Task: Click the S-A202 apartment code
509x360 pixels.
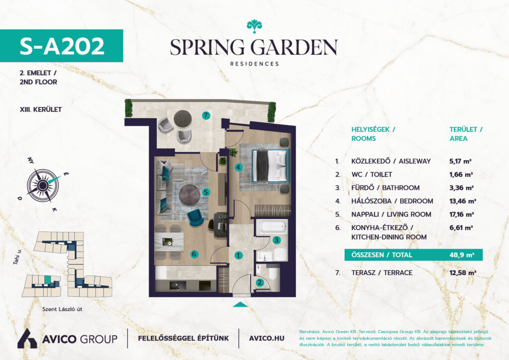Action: [x=62, y=46]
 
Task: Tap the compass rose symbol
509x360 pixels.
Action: [x=43, y=185]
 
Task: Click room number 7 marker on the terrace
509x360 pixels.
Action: [x=206, y=115]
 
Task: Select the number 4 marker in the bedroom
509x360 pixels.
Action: [x=239, y=168]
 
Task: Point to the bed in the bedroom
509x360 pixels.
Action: [x=270, y=165]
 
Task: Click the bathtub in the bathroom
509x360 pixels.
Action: [x=272, y=227]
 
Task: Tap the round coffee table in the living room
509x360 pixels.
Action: [x=190, y=195]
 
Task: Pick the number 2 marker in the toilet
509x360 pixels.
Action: [x=259, y=283]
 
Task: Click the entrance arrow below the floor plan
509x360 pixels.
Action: [x=241, y=304]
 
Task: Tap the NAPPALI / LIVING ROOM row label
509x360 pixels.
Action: [x=391, y=215]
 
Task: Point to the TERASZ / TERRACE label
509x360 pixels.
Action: [x=382, y=272]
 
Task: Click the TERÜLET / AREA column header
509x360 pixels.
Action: [x=466, y=134]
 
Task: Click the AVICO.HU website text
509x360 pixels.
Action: [x=266, y=338]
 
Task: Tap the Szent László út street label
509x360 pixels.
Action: [x=62, y=309]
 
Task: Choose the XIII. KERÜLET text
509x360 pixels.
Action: [x=41, y=109]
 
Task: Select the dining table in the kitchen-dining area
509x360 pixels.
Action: [x=169, y=242]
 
